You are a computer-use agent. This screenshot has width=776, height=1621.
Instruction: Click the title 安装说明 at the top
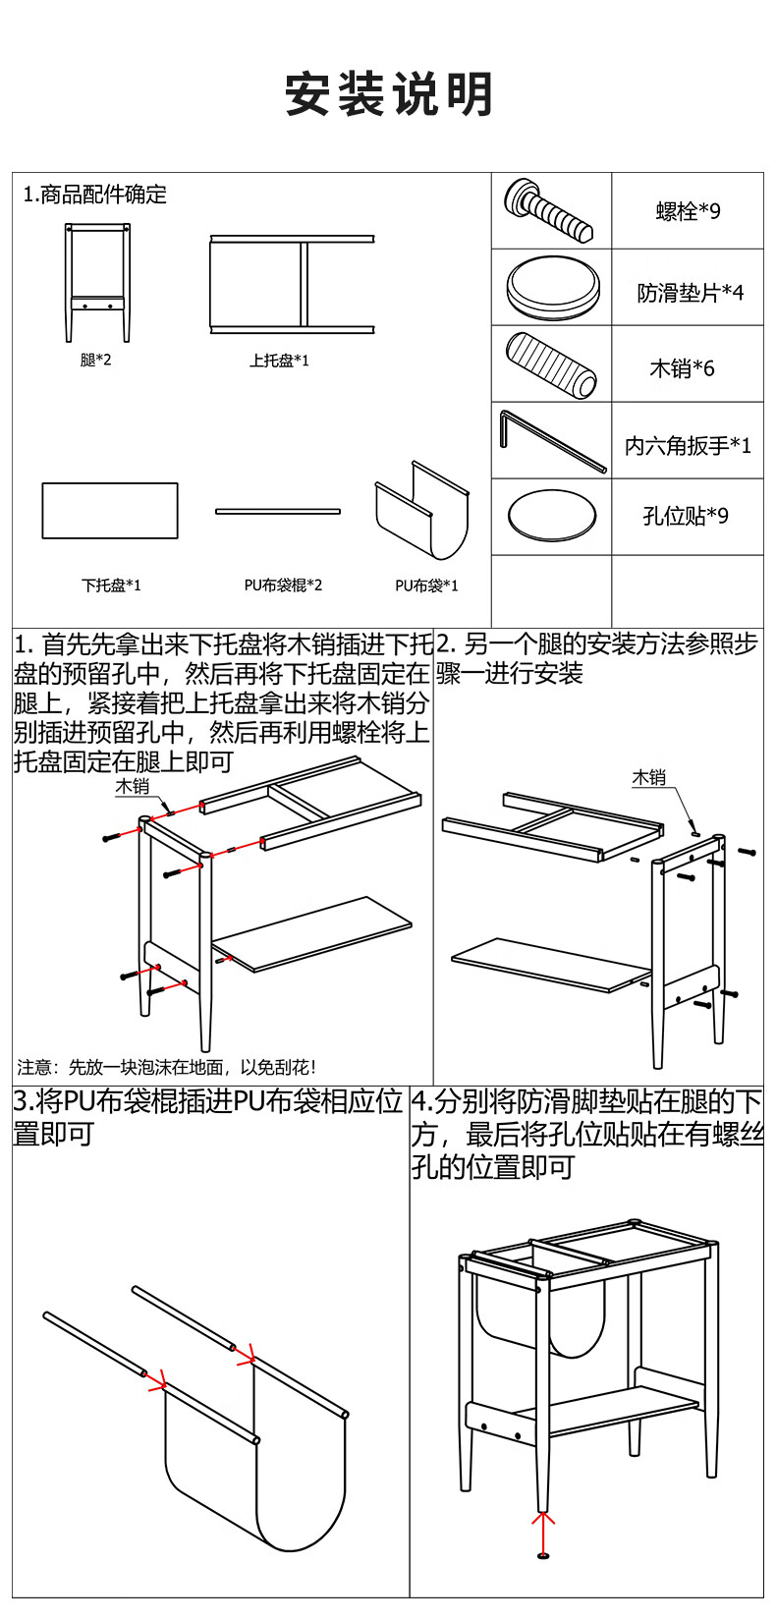[389, 94]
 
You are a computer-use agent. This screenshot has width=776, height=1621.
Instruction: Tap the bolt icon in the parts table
[549, 211]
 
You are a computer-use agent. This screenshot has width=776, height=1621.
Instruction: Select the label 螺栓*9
[688, 211]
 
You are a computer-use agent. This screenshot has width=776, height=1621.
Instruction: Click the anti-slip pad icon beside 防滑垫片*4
[551, 287]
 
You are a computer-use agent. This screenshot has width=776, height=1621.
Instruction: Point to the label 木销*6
[682, 368]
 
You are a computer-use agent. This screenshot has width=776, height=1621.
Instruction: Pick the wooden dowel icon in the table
[551, 363]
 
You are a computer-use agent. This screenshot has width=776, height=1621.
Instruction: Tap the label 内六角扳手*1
[688, 445]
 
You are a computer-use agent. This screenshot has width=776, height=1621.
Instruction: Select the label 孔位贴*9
[686, 516]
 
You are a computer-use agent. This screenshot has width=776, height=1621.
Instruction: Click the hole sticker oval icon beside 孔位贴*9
[551, 514]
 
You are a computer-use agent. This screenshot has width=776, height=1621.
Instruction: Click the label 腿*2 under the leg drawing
[96, 360]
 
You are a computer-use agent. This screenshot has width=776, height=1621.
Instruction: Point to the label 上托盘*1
[279, 361]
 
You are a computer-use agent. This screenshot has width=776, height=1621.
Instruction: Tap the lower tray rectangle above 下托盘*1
[110, 511]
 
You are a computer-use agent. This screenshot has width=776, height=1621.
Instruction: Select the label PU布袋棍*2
[283, 586]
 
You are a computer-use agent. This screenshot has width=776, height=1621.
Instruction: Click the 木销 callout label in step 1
[132, 786]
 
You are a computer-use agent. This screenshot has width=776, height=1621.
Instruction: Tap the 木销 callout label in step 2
[648, 778]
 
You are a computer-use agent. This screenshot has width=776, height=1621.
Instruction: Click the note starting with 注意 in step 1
[167, 1067]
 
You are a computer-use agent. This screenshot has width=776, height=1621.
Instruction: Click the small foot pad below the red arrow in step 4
[542, 1555]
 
